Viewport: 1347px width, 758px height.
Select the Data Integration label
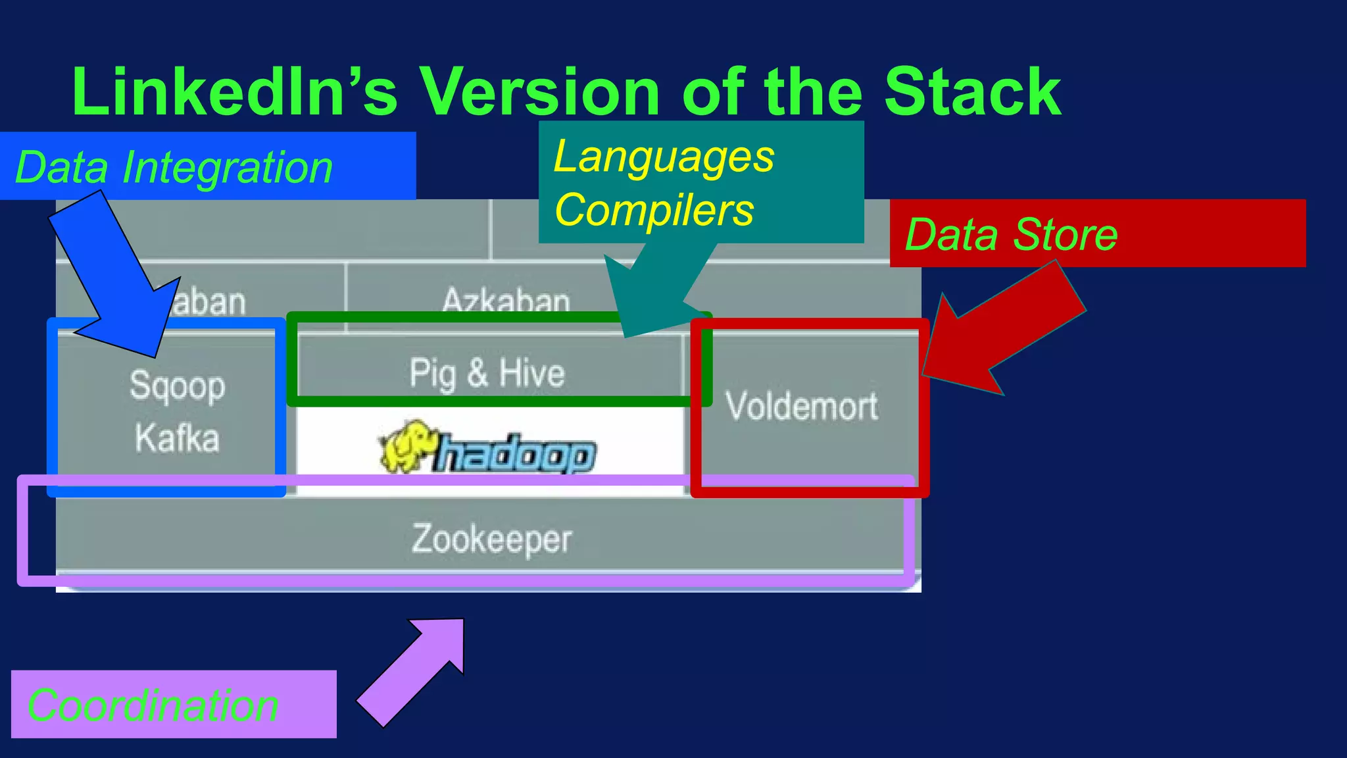(x=174, y=167)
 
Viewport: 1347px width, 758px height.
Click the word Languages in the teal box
(x=664, y=157)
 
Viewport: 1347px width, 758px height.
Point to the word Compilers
(x=654, y=210)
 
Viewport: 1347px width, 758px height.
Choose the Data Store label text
(x=1011, y=234)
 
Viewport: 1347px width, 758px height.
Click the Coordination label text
(x=153, y=705)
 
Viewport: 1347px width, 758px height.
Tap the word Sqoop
(x=177, y=386)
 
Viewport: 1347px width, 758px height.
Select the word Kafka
(x=177, y=438)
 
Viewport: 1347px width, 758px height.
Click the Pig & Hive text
(x=487, y=373)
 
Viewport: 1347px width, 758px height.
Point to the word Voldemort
(x=802, y=406)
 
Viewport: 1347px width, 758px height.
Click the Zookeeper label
(x=492, y=539)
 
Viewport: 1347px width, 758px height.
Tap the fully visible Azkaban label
(x=505, y=300)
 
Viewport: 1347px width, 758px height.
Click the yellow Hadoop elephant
(x=405, y=446)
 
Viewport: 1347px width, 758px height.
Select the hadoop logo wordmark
(x=517, y=454)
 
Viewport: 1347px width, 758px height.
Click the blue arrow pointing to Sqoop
(x=118, y=276)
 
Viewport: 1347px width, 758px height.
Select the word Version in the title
(x=539, y=92)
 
